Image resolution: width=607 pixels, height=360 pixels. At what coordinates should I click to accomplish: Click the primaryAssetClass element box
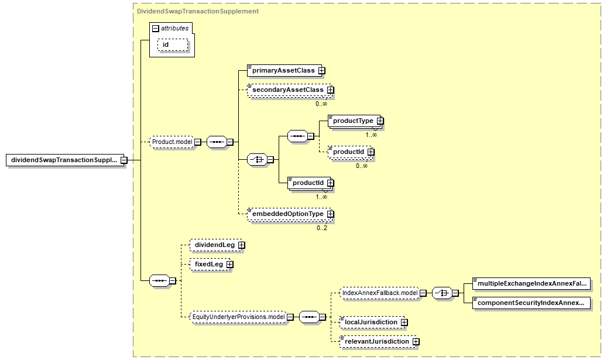[x=286, y=70]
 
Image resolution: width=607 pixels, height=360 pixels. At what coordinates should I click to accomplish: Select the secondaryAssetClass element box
[x=290, y=90]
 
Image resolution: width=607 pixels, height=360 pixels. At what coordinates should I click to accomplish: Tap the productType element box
[x=356, y=121]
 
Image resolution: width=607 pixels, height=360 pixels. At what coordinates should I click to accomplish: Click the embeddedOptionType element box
[x=290, y=214]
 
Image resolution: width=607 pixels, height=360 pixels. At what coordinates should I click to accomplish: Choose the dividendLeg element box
[x=217, y=245]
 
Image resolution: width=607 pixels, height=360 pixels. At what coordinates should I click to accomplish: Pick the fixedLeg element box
[x=211, y=265]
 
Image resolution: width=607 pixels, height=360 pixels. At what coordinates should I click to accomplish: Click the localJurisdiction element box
[x=373, y=322]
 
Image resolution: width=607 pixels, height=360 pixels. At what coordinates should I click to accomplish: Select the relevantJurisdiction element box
[x=379, y=341]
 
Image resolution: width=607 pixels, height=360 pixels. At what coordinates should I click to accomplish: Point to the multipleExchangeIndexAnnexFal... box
[x=531, y=283]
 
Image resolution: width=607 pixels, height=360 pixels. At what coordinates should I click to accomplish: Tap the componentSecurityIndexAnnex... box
[x=531, y=303]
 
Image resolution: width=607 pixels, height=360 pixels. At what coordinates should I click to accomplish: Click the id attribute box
[x=173, y=45]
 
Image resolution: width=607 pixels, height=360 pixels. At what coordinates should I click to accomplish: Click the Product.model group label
[x=172, y=142]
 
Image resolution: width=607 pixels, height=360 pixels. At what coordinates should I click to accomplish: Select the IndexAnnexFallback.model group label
[x=380, y=293]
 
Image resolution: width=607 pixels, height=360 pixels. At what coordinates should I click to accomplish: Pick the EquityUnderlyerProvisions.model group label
[x=238, y=317]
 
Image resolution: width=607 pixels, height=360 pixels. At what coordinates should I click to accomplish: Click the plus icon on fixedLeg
[x=230, y=265]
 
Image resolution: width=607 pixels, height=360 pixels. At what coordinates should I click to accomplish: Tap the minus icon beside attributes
[x=156, y=28]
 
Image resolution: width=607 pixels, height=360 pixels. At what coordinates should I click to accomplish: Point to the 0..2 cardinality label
[x=322, y=228]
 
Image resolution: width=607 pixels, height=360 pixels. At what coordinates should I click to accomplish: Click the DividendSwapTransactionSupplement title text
[x=198, y=11]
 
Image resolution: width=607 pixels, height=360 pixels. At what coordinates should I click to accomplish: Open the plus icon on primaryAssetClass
[x=322, y=70]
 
